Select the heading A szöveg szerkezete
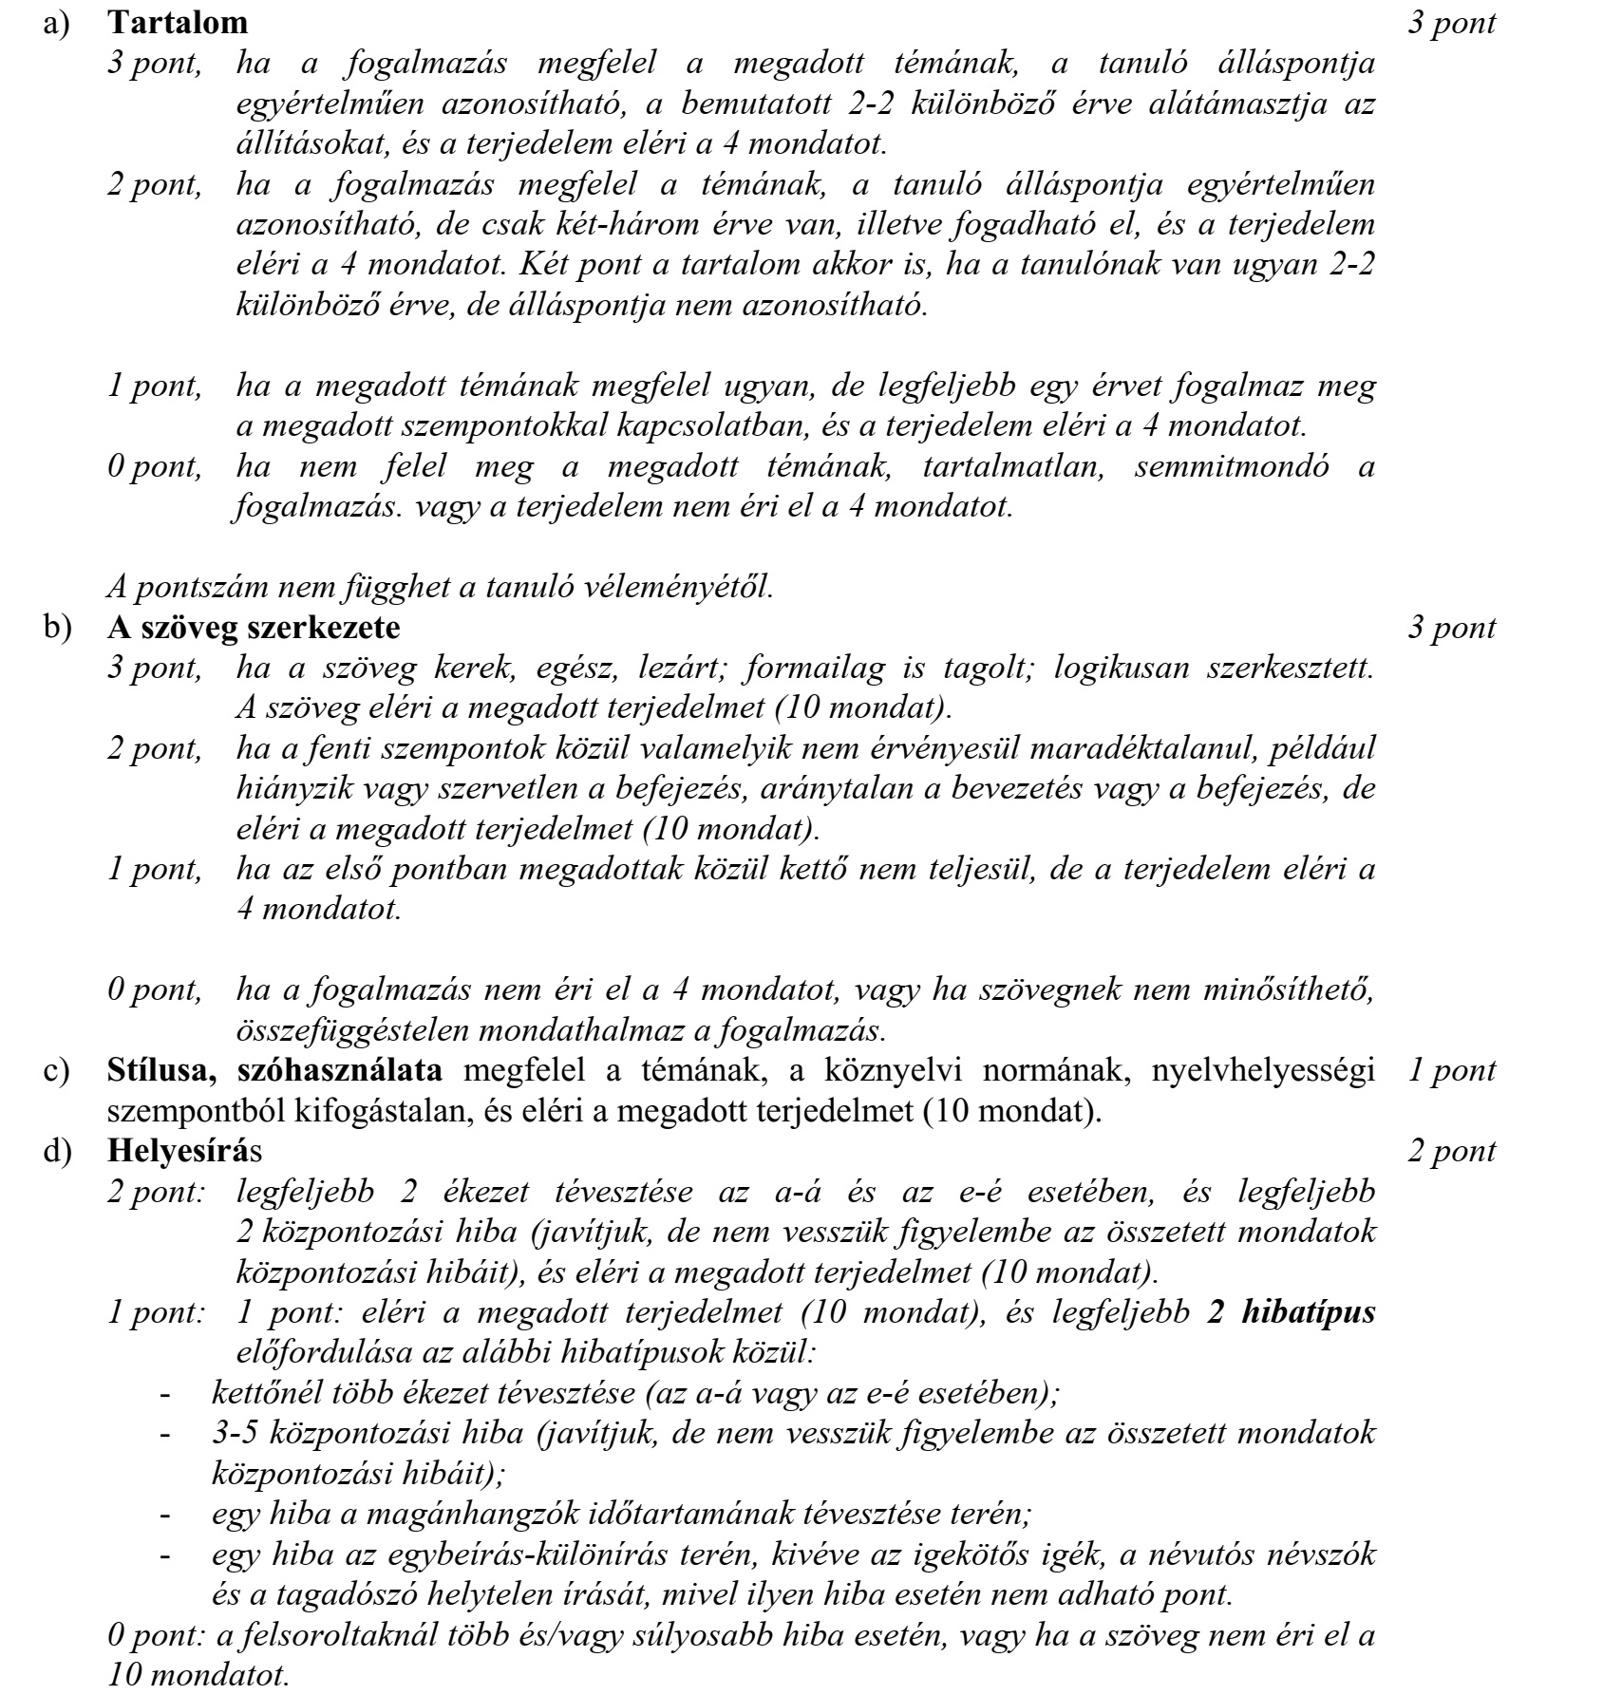coord(254,628)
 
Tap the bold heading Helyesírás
coord(186,1151)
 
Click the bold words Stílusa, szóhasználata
coord(274,1070)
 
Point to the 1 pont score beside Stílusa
coord(1452,1070)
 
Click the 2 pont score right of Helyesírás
coord(1452,1151)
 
